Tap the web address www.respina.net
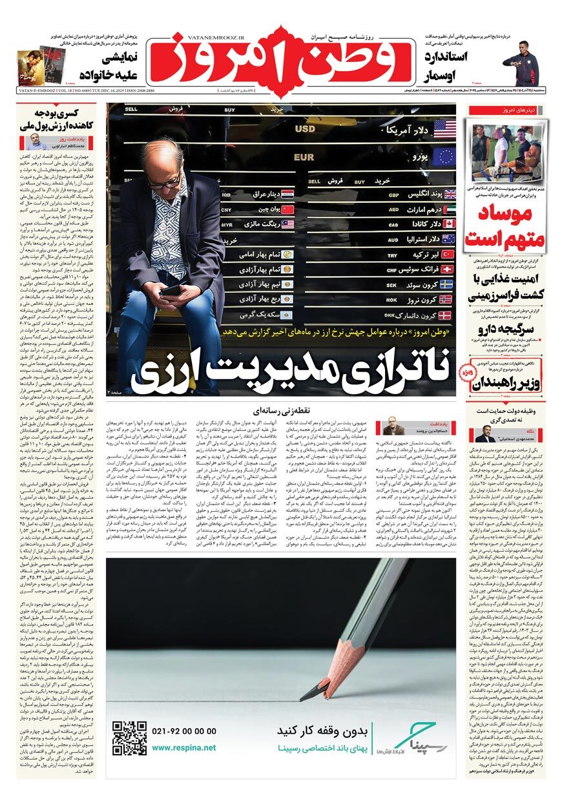(x=184, y=747)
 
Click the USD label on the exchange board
(x=305, y=129)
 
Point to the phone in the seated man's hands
(x=170, y=289)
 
